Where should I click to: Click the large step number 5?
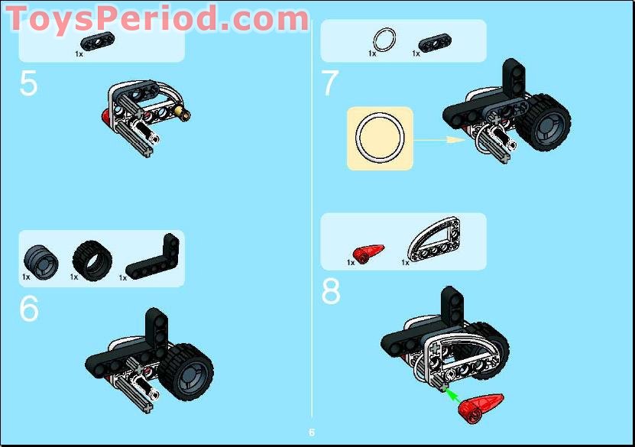(28, 84)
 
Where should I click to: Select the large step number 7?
(329, 84)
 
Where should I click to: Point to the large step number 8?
(330, 291)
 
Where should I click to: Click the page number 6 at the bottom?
(312, 432)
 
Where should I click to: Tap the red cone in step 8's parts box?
(368, 251)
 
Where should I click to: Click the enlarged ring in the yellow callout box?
(380, 138)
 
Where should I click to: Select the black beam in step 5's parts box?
(91, 40)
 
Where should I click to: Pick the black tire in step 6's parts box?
(92, 260)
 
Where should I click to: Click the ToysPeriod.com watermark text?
(157, 18)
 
